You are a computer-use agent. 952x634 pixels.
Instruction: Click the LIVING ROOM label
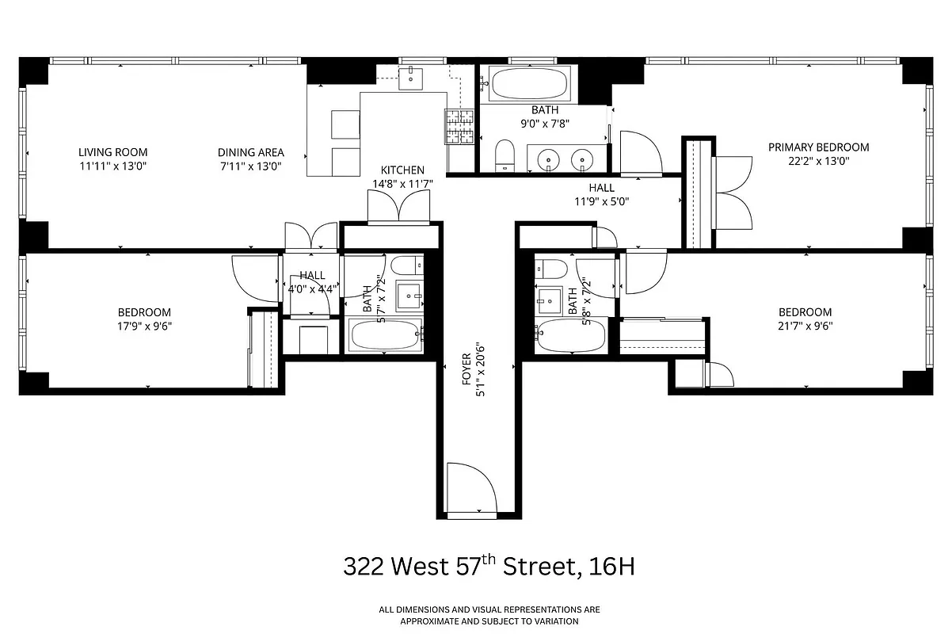click(112, 152)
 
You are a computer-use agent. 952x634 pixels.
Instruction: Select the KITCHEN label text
click(402, 170)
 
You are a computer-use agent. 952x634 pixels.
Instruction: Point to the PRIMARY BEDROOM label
click(818, 147)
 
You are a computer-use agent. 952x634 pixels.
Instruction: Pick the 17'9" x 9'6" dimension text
click(144, 326)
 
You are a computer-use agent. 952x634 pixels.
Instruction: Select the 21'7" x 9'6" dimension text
click(805, 326)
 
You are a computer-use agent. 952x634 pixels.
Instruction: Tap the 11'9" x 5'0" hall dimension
click(601, 201)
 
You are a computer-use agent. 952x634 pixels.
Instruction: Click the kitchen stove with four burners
click(460, 127)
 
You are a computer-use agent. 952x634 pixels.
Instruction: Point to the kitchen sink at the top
click(412, 78)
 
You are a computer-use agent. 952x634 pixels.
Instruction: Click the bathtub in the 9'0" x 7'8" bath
click(526, 83)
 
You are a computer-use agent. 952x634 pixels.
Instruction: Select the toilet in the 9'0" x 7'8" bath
click(504, 155)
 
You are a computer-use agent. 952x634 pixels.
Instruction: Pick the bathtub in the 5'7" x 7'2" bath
click(386, 336)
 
